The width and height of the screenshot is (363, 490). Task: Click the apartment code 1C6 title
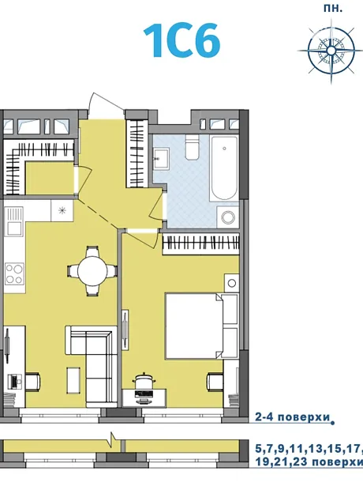[x=182, y=41]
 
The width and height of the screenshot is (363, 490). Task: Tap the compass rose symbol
[x=331, y=51]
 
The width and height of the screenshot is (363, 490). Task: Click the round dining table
[x=92, y=270]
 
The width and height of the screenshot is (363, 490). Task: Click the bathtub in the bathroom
[x=224, y=168]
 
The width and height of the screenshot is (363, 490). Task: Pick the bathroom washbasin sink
[x=161, y=159]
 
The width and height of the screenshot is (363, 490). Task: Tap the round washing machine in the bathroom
[x=228, y=217]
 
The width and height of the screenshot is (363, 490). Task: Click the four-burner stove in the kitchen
[x=15, y=273]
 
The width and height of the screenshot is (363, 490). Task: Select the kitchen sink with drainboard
[x=14, y=221]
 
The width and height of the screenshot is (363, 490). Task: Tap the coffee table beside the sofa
[x=73, y=379]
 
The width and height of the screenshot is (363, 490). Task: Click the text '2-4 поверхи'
[x=293, y=417]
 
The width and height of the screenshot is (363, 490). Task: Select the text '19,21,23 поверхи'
[x=309, y=462]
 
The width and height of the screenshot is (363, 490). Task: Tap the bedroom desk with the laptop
[x=144, y=398]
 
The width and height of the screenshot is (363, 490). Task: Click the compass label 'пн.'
[x=333, y=9]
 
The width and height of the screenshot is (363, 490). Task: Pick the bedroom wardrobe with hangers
[x=200, y=243]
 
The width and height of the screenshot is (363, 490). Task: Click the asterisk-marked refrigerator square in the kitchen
[x=62, y=210]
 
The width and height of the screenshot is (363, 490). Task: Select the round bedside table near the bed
[x=231, y=283]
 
